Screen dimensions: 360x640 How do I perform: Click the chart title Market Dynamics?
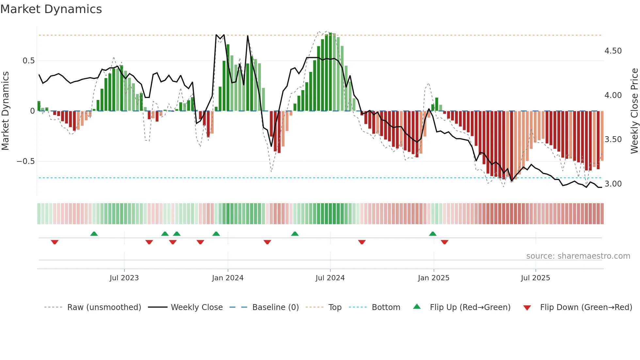point(51,9)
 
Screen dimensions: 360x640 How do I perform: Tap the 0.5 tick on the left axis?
point(29,61)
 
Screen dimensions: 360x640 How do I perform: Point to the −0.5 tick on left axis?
point(25,161)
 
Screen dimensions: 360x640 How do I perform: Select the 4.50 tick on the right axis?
point(613,51)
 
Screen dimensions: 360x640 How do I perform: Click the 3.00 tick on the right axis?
point(613,184)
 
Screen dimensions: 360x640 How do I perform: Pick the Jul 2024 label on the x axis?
point(330,278)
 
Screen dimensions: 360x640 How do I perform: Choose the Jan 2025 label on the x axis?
point(433,278)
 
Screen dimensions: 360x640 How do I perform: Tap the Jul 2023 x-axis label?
point(124,278)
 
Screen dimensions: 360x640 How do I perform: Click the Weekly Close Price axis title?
point(634,111)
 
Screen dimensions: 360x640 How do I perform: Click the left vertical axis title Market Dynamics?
point(5,111)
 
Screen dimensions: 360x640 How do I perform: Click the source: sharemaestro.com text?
point(578,256)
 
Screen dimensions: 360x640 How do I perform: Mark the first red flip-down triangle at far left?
point(55,242)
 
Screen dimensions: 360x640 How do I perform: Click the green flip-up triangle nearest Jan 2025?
point(433,234)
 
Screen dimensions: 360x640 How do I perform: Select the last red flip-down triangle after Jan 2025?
point(444,242)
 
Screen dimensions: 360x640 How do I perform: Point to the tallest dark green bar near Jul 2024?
point(330,72)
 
